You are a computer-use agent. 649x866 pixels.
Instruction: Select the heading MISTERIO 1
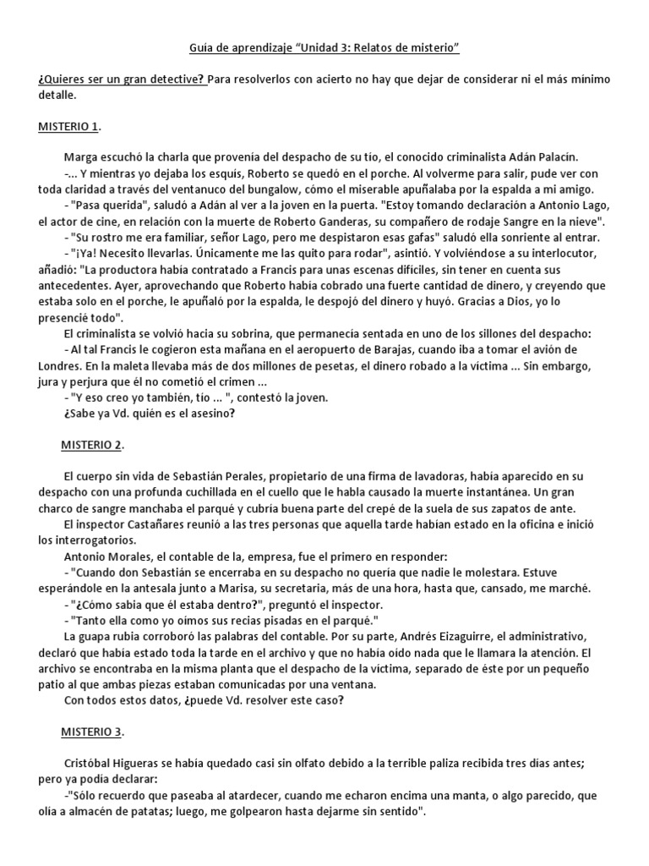click(69, 127)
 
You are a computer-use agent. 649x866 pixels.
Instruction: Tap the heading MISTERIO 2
click(93, 444)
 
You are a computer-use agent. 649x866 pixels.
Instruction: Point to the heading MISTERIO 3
click(93, 730)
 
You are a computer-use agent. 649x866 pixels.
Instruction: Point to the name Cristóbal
click(90, 762)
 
